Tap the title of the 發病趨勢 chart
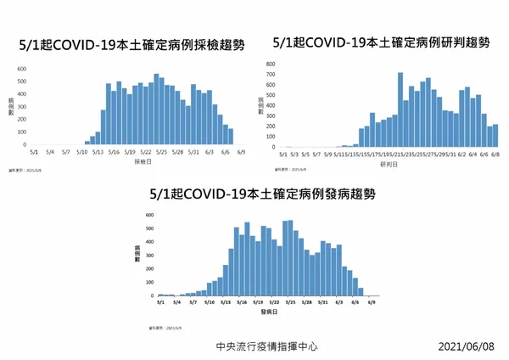pyautogui.click(x=259, y=194)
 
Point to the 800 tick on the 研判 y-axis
pyautogui.click(x=269, y=65)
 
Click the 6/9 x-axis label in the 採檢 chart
pyautogui.click(x=242, y=152)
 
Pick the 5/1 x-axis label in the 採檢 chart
pyautogui.click(x=32, y=152)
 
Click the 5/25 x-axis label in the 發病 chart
pyautogui.click(x=289, y=302)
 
